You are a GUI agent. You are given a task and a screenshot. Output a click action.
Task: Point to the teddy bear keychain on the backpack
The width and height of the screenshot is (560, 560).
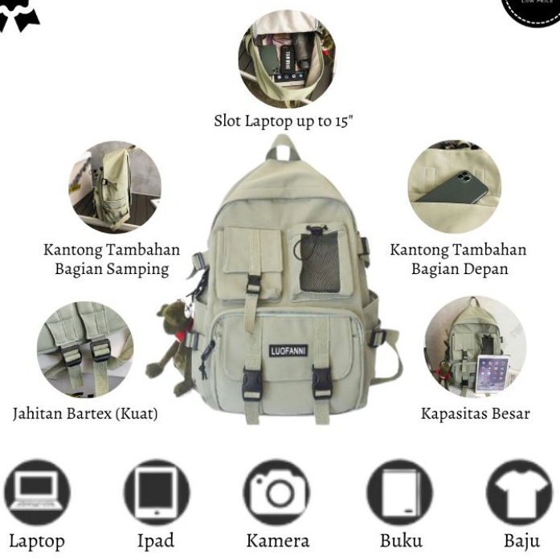click(171, 349)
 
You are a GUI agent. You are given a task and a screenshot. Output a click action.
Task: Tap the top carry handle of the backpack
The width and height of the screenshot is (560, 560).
click(282, 148)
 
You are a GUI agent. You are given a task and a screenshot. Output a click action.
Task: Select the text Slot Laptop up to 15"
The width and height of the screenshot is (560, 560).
click(283, 121)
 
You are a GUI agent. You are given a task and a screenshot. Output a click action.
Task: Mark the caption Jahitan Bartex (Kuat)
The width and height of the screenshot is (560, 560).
click(85, 414)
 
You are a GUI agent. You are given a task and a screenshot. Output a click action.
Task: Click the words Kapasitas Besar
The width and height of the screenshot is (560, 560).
click(475, 414)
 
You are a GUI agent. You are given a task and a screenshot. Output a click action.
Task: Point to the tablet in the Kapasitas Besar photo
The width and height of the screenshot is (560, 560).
click(491, 373)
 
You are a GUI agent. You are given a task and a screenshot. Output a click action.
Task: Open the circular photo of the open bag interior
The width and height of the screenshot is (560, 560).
click(286, 58)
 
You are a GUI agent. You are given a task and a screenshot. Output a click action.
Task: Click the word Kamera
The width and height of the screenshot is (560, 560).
click(277, 541)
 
